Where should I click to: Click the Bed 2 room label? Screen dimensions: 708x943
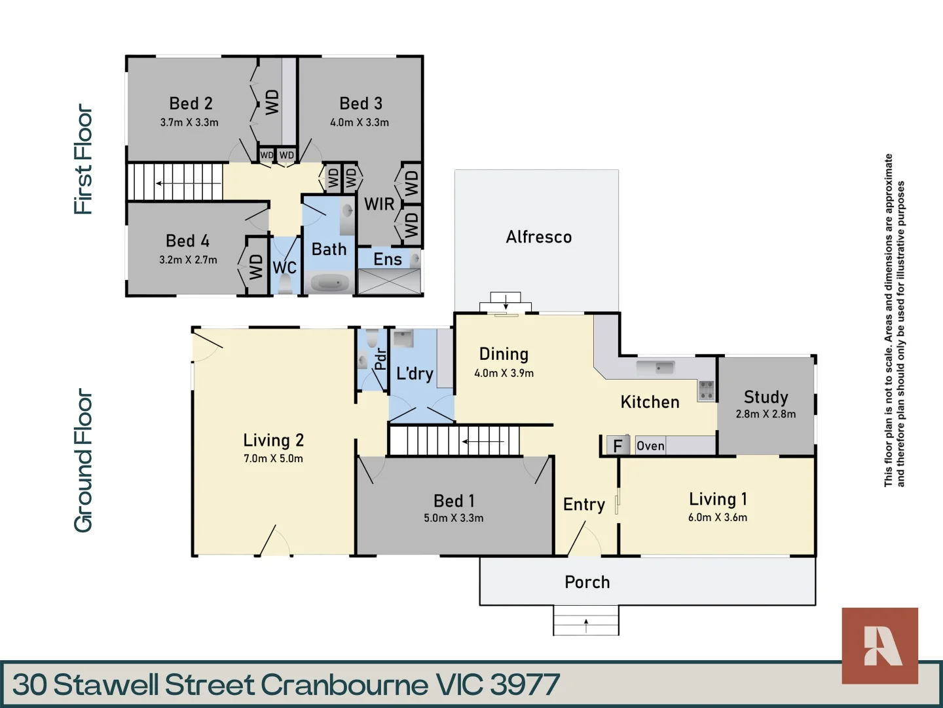coord(191,104)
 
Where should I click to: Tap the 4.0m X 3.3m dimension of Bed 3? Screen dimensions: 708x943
coord(359,123)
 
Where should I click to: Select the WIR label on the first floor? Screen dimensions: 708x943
coord(379,205)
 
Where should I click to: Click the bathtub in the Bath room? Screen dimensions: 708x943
coord(329,283)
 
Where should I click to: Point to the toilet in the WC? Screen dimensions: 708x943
coord(285,285)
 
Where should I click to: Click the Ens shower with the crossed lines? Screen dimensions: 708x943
coord(389,281)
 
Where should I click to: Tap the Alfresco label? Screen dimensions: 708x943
coord(538,237)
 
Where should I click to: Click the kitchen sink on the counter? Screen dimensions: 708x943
coord(664,367)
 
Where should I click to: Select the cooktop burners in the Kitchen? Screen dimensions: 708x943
coord(706,390)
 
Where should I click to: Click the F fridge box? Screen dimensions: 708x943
coord(618,446)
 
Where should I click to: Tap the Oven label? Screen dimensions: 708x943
coord(650,446)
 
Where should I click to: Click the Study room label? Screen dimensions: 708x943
coord(766,397)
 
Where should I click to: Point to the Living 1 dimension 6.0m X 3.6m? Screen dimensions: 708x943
coord(717,517)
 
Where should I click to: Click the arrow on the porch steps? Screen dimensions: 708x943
coord(586,625)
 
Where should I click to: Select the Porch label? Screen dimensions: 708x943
coord(587,582)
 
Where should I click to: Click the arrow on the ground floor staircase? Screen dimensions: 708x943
coord(483,442)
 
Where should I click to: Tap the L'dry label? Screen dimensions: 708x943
coord(415,374)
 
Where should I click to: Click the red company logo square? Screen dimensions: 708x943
coord(879,646)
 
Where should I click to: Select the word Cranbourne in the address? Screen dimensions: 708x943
coord(344,685)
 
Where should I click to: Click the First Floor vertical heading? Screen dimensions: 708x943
coord(83,159)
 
